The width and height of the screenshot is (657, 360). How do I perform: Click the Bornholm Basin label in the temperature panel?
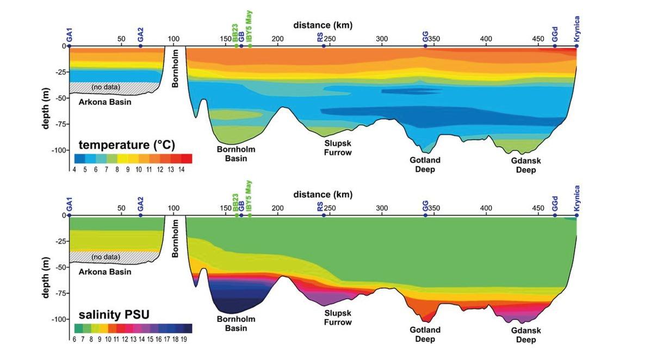click(235, 153)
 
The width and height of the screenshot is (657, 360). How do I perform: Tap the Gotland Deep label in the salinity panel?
click(425, 334)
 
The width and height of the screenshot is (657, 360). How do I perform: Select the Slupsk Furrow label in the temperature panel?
click(338, 148)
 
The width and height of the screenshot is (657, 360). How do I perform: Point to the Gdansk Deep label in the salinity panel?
click(526, 335)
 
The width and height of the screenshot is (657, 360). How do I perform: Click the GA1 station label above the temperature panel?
click(70, 36)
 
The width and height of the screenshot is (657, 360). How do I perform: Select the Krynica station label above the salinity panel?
click(577, 197)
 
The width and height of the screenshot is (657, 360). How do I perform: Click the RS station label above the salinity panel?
click(320, 207)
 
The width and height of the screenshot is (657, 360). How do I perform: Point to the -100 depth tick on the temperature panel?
click(58, 150)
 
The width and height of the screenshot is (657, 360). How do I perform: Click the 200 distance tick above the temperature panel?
click(277, 39)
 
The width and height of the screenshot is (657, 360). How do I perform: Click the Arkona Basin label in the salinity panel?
click(106, 272)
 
